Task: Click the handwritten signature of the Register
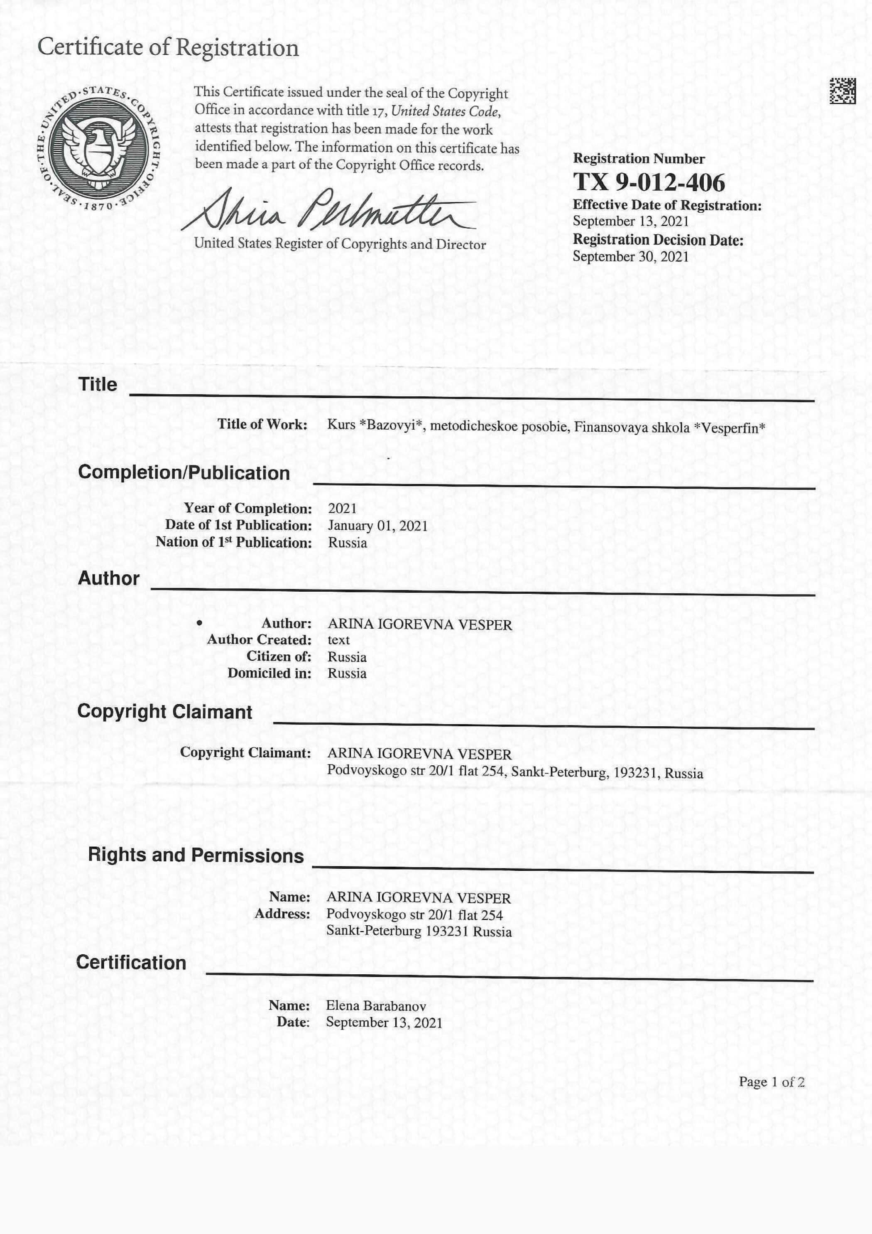pos(328,212)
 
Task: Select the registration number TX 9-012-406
pos(649,182)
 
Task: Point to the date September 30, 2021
pos(630,256)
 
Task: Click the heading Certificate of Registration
pos(168,47)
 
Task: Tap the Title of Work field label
pos(262,424)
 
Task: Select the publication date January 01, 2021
pos(378,525)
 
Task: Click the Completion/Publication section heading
pos(184,472)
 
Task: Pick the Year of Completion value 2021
pos(342,508)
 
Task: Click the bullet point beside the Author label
pos(199,623)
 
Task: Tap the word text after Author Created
pos(338,639)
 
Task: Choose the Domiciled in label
pos(269,673)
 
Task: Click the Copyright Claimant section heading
pos(164,711)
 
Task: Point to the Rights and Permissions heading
pos(196,855)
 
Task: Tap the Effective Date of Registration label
pos(667,205)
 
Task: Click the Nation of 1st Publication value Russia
pos(348,542)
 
